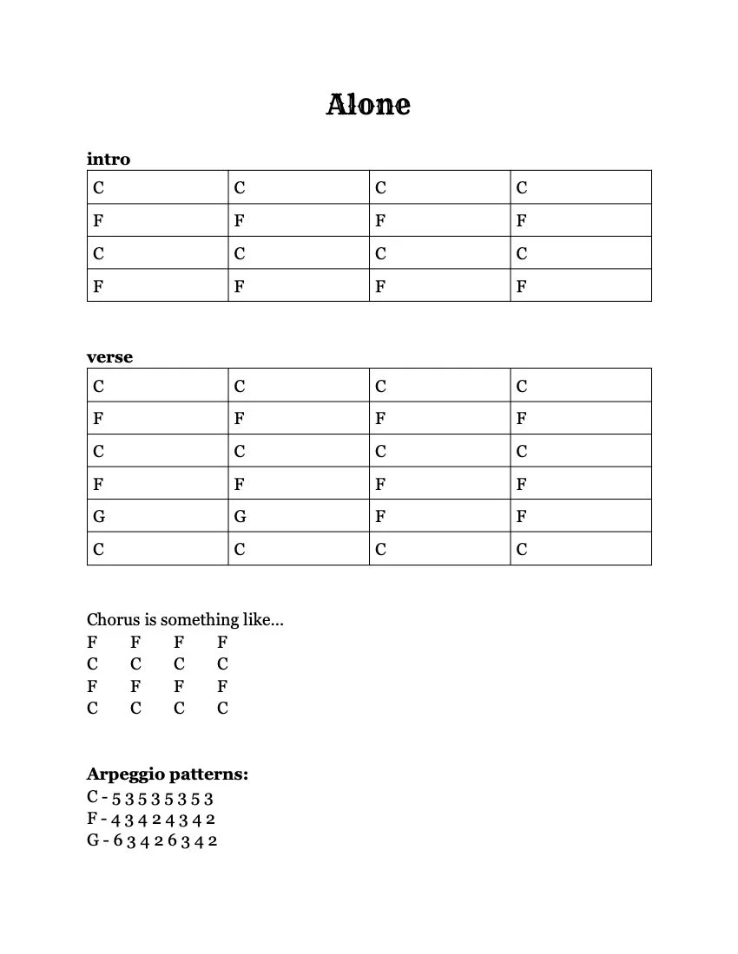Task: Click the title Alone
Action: (x=368, y=105)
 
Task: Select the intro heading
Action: (x=109, y=159)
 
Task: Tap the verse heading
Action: (x=109, y=356)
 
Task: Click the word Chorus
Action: (x=112, y=620)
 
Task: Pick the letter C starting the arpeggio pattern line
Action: (x=92, y=797)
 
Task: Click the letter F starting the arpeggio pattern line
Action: (x=92, y=819)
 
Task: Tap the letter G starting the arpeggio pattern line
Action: (x=93, y=840)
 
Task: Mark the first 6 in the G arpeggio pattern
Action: (x=117, y=841)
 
